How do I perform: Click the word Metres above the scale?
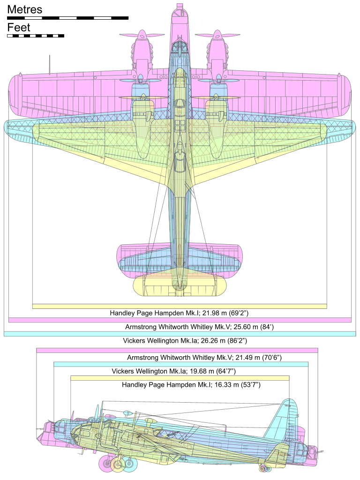click(24, 9)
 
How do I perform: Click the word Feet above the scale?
click(19, 28)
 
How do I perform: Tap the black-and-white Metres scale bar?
click(67, 18)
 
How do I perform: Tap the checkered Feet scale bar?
click(36, 36)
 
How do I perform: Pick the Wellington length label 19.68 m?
click(173, 371)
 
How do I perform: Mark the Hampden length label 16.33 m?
click(191, 385)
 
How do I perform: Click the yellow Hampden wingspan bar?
click(180, 306)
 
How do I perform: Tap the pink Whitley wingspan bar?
click(180, 320)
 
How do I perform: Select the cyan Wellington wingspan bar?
click(180, 334)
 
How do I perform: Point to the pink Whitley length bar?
click(177, 350)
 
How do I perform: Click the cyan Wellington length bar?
click(181, 364)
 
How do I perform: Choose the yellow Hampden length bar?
click(180, 378)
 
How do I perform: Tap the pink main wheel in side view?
click(107, 464)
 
